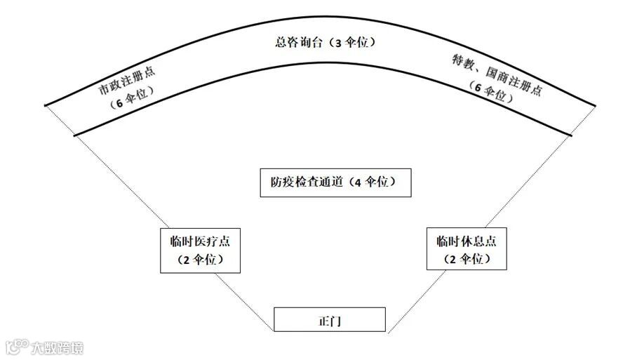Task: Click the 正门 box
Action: tap(329, 320)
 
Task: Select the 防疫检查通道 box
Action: tap(335, 182)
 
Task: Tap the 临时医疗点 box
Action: tap(201, 250)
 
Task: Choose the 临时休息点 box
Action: tap(467, 249)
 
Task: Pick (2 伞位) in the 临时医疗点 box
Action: tap(201, 259)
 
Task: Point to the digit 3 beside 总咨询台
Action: tap(342, 43)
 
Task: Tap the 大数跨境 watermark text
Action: tap(56, 347)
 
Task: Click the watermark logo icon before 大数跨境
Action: tap(15, 347)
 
